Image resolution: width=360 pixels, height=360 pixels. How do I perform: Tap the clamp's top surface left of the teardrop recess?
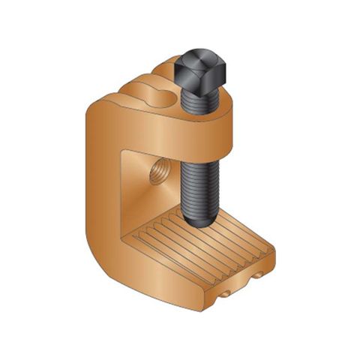pos(124,101)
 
